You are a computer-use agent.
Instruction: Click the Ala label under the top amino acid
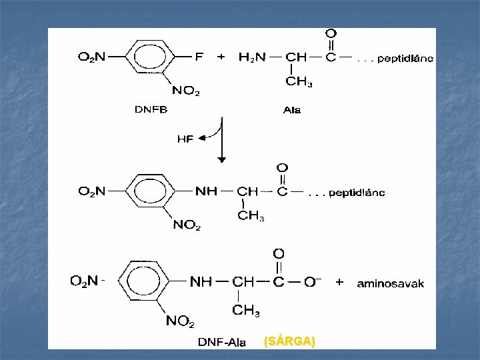(x=291, y=110)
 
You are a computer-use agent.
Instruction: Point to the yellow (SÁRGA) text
(x=289, y=342)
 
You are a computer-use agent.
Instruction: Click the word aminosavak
(x=391, y=283)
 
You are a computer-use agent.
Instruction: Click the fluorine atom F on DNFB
(x=199, y=57)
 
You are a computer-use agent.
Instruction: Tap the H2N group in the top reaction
(x=252, y=57)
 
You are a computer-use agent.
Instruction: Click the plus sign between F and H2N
(x=221, y=57)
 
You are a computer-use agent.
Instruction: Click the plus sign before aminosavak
(x=339, y=282)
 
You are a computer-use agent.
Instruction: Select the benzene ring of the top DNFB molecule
(x=147, y=58)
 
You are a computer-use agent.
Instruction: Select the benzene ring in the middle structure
(x=147, y=192)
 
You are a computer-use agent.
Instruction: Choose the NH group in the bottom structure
(x=201, y=282)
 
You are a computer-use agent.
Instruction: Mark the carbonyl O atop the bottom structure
(x=279, y=254)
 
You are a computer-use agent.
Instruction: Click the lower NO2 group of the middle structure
(x=187, y=225)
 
